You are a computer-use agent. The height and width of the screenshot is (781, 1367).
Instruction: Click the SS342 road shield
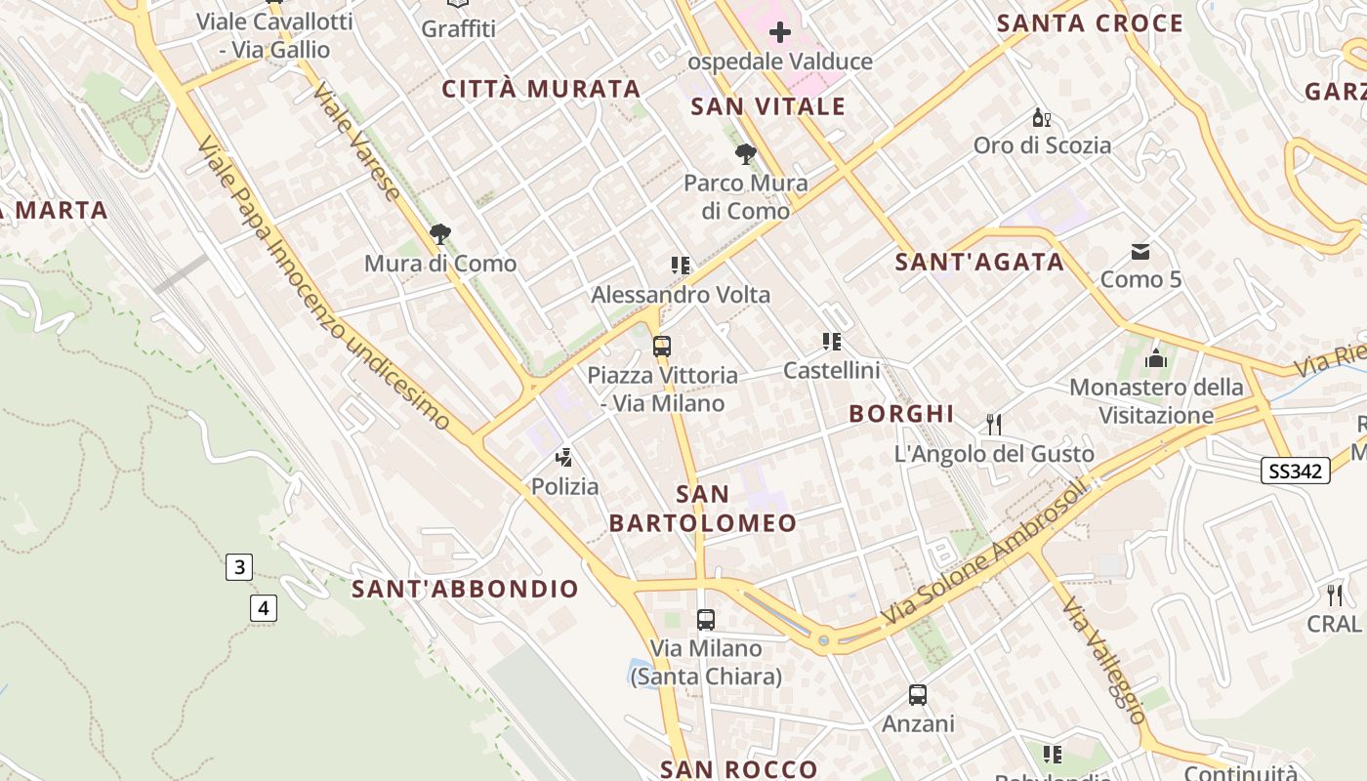pos(1296,472)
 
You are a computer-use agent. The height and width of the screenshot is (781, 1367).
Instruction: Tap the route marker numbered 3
pos(239,566)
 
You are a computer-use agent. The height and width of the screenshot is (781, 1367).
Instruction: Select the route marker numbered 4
pos(263,608)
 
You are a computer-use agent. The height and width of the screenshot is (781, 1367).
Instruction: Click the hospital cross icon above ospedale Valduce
pos(779,33)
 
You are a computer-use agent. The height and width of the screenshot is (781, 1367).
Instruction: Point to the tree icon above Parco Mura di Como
pos(746,154)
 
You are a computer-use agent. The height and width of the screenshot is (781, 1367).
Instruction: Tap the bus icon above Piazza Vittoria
pos(662,347)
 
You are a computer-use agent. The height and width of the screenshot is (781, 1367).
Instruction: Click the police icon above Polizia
pos(563,457)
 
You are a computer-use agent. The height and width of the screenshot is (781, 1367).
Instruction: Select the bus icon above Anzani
pos(918,695)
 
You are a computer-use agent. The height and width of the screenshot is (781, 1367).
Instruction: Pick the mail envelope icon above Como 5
pos(1140,252)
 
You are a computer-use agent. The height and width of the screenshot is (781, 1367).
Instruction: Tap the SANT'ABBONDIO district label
pos(465,589)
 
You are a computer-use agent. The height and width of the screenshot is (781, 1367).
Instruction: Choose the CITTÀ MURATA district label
pos(541,89)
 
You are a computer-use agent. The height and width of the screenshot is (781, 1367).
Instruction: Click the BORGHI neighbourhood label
pos(901,414)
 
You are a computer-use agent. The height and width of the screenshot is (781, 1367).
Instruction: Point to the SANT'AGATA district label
pos(979,262)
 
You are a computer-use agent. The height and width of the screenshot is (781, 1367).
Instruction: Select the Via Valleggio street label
pos(1104,662)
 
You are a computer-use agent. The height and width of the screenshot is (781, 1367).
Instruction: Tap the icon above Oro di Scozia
pos(1042,119)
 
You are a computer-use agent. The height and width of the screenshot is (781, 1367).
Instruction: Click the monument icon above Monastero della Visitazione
pos(1156,359)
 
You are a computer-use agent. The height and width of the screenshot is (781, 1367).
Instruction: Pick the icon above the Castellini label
pos(832,342)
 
